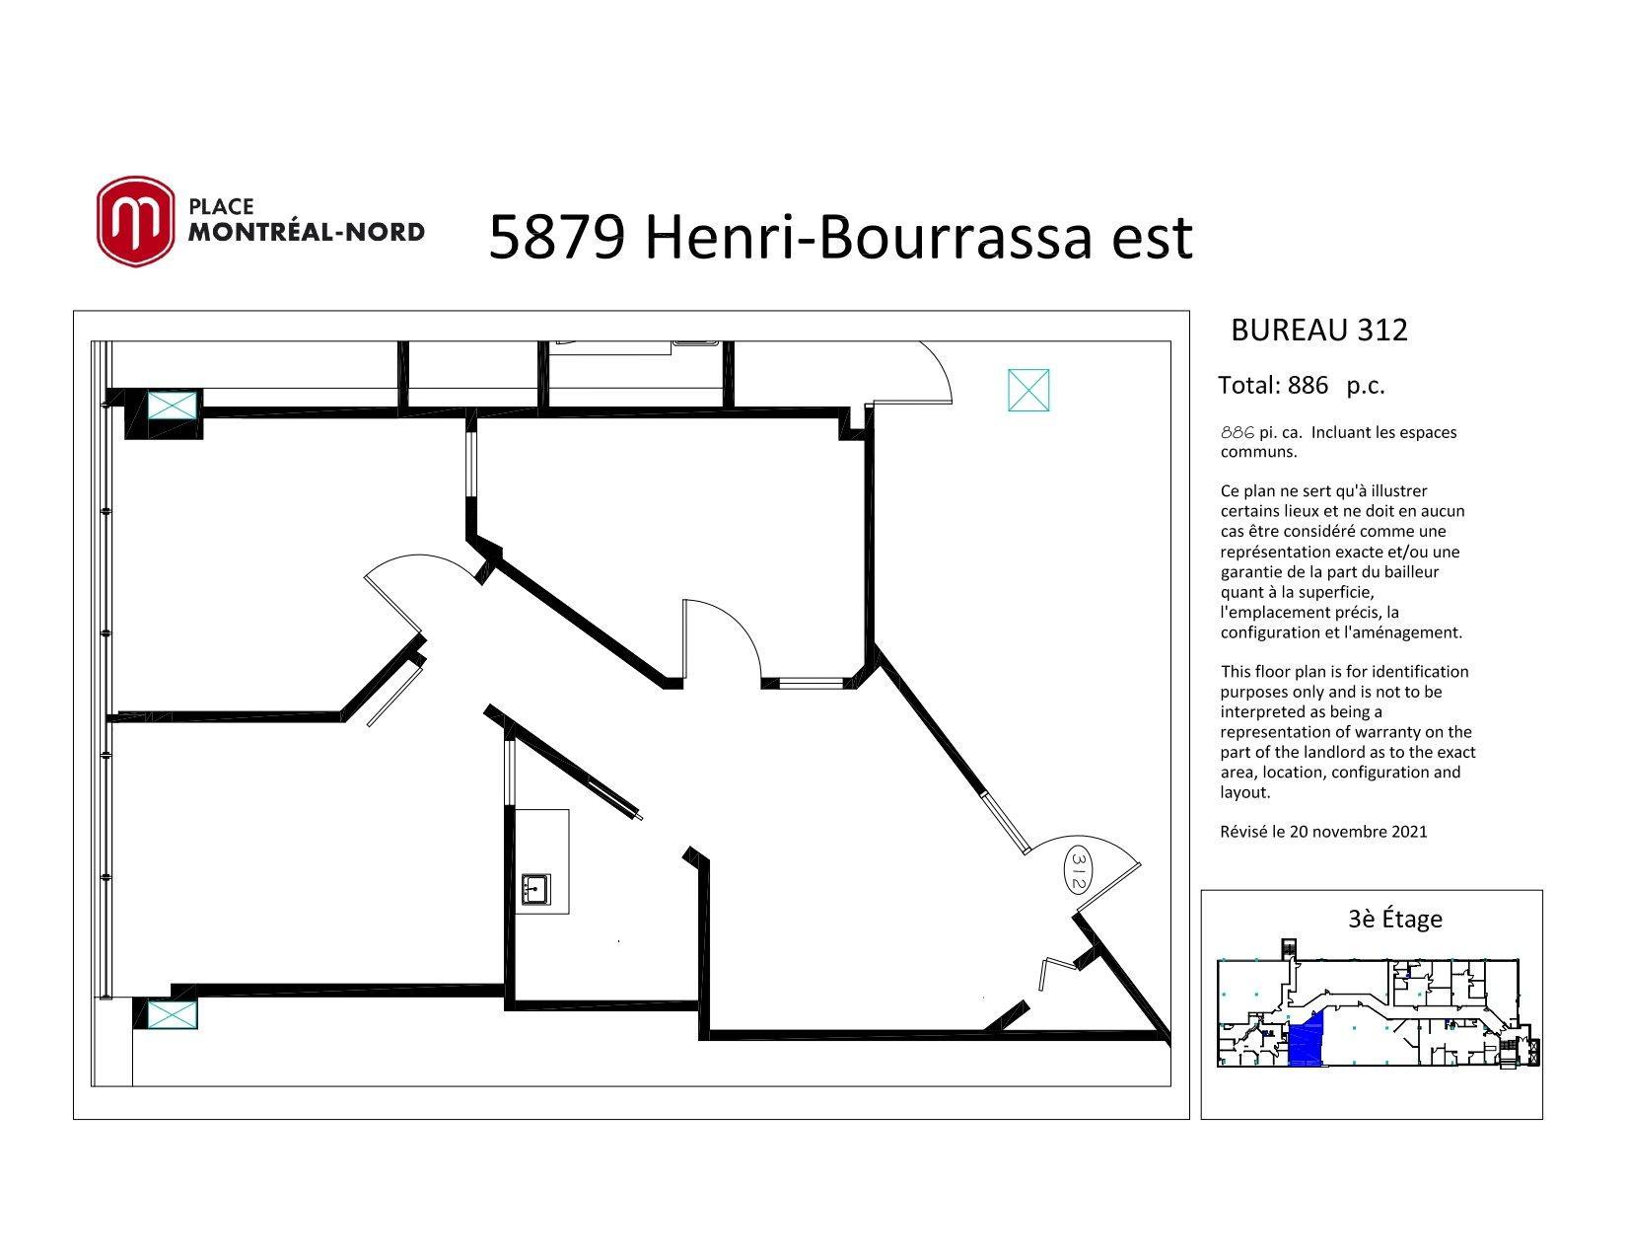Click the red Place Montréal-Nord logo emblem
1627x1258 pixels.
coord(135,221)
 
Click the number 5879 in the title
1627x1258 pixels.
coord(556,238)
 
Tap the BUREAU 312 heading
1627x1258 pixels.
coord(1319,330)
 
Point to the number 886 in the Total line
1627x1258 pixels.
coord(1308,385)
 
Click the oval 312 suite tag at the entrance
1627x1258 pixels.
coord(1078,869)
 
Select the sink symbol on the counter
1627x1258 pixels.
coord(536,889)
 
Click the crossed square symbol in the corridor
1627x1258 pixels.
coord(1028,391)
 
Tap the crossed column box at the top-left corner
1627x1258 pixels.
coord(173,406)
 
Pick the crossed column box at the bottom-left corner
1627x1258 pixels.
coord(173,1016)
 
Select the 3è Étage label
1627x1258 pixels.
coord(1395,919)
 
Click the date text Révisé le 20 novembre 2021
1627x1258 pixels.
coord(1323,832)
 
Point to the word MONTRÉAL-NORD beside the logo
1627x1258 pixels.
coord(307,232)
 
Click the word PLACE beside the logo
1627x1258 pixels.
coord(221,206)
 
